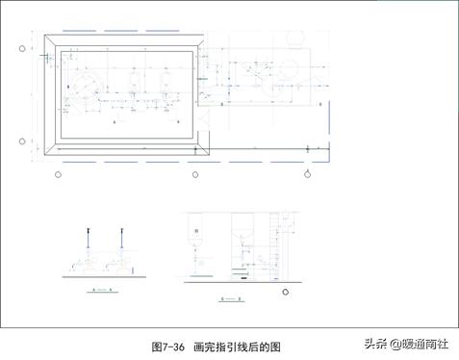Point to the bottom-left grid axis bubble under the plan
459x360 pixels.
59,174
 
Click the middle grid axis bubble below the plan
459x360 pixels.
195,174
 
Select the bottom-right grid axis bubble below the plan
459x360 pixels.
306,174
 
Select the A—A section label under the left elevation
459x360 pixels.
101,289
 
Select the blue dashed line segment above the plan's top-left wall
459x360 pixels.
82,32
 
